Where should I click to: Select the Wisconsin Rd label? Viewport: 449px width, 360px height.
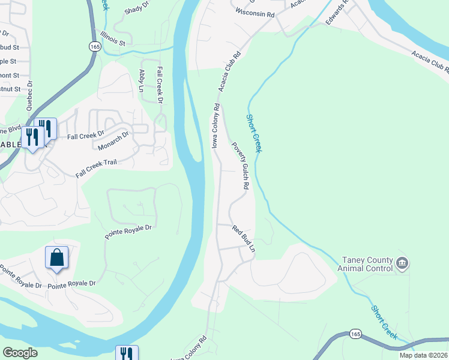click(255, 12)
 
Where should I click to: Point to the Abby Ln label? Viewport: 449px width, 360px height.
click(142, 80)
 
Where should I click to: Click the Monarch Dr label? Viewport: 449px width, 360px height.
click(113, 141)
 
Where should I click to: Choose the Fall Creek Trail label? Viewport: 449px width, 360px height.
click(98, 167)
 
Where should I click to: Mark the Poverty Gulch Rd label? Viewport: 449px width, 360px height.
click(240, 166)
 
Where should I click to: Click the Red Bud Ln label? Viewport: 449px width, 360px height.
click(244, 238)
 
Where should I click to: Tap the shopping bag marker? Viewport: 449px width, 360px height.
click(56, 258)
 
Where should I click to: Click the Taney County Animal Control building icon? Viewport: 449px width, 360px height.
click(402, 263)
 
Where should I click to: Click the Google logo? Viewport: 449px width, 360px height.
click(20, 353)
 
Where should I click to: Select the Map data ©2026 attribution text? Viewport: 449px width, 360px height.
click(424, 355)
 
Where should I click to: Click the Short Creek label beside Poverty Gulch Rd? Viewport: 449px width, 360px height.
click(253, 133)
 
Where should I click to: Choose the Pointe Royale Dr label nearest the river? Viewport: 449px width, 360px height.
click(130, 233)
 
